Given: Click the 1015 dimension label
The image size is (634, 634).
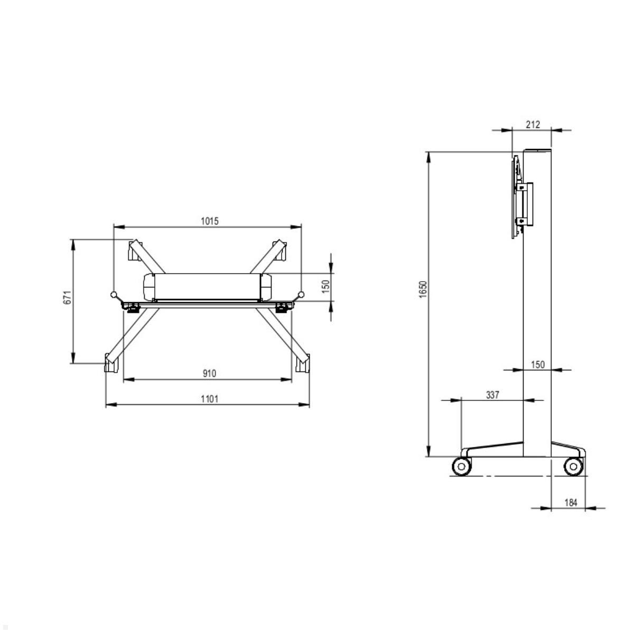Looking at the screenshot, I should [209, 221].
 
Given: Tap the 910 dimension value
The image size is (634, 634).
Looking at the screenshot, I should [209, 374].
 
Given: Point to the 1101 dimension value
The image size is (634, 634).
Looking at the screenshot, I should [209, 399].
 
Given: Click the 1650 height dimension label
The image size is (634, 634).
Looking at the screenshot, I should [422, 290].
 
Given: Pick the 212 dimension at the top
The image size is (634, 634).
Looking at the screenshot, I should [533, 125].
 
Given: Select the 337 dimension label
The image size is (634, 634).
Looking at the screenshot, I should [492, 395].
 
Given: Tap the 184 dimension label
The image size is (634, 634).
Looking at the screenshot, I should [571, 502].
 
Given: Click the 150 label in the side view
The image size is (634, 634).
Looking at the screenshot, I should [537, 365].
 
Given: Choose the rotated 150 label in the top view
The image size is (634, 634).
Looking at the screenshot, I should [326, 286].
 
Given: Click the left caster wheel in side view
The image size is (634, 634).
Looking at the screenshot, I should [461, 467].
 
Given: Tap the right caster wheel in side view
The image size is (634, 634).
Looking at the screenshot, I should [573, 467].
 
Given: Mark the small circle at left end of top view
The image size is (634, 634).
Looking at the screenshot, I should [113, 295].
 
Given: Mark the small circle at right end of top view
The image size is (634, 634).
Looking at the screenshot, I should [302, 295].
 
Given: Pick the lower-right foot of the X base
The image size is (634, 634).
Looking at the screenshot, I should [303, 363].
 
